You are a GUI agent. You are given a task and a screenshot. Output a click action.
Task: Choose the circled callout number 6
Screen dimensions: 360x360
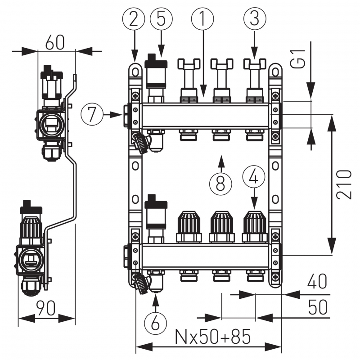[155, 322]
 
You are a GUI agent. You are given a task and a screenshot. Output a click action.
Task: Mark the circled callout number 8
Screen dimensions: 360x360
[220, 183]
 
